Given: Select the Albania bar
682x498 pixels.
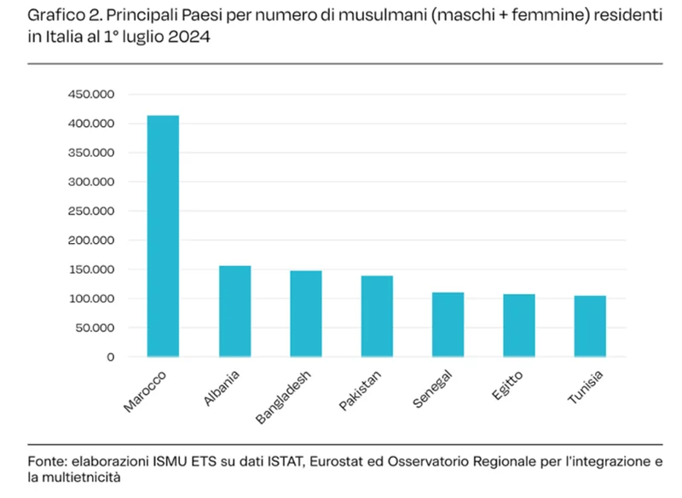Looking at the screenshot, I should coord(234,310).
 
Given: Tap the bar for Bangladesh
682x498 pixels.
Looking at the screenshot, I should coord(305,313).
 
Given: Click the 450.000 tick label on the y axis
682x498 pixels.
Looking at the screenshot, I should coord(90,95).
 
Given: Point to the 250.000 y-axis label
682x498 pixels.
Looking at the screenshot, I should coord(90,211).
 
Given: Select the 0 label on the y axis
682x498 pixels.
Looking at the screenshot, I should coord(110,356).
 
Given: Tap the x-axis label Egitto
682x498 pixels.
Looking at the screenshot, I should coord(507,385).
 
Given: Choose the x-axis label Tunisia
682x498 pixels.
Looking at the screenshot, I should coord(586,388).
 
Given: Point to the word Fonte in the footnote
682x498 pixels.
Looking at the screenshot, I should coord(47,460).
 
